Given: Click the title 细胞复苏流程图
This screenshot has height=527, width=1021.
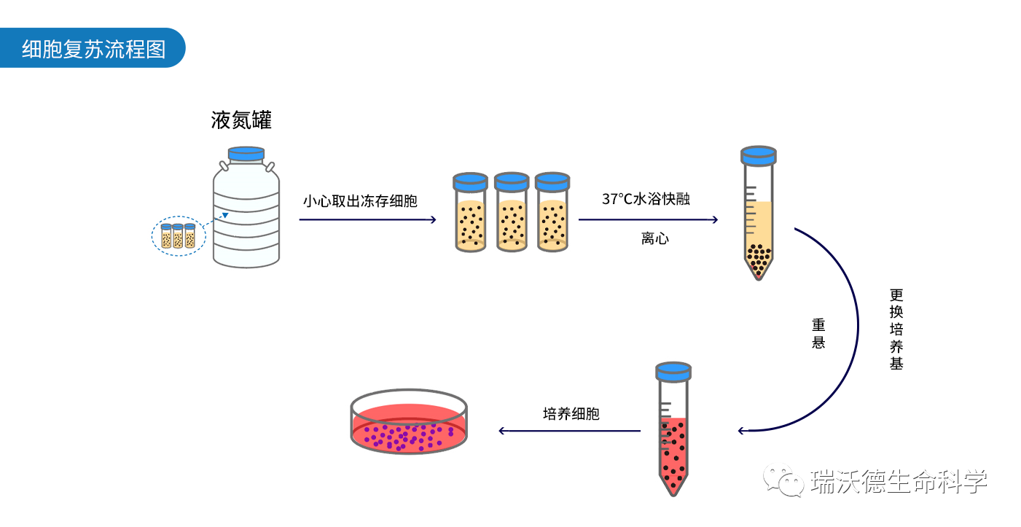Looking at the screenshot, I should [x=93, y=50].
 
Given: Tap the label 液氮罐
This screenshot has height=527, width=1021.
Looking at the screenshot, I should [x=241, y=120].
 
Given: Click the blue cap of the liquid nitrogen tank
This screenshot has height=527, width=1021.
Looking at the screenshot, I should [x=246, y=154].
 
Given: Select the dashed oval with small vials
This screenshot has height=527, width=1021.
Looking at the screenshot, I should [x=179, y=236].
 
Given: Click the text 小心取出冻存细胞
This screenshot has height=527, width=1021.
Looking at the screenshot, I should [x=360, y=201].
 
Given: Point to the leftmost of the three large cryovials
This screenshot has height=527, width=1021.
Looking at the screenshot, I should [x=470, y=214].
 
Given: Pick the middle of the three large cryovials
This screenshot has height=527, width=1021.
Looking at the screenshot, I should [x=512, y=214].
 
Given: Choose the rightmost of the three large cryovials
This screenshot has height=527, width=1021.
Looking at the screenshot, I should [x=552, y=214].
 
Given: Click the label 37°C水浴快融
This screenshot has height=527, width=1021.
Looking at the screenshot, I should [x=646, y=199].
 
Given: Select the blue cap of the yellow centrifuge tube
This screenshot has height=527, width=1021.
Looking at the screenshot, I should [x=758, y=155].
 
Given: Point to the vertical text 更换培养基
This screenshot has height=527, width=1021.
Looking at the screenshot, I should [x=896, y=329].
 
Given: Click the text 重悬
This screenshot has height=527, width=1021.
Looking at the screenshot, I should [x=818, y=333].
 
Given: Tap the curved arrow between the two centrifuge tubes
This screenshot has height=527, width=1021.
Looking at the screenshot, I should [x=853, y=328].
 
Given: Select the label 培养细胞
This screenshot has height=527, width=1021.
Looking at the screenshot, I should [x=571, y=414].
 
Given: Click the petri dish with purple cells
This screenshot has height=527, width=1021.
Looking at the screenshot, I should [x=408, y=423].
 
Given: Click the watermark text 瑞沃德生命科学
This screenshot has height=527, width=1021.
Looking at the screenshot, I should [x=899, y=481].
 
